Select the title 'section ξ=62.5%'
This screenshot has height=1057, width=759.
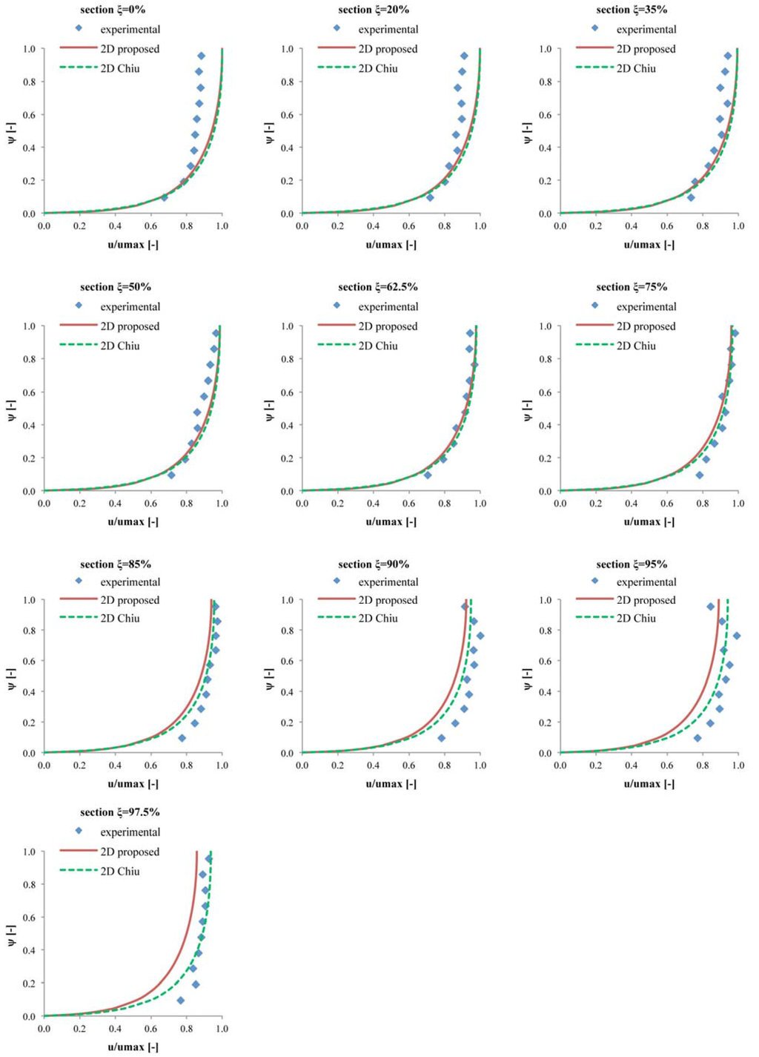tap(378, 287)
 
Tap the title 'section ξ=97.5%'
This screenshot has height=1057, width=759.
tap(120, 812)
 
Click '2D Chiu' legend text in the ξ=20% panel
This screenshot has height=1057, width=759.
tap(378, 68)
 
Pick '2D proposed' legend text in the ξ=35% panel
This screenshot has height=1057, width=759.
tap(646, 49)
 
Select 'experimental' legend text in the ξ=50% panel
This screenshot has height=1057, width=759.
tap(130, 306)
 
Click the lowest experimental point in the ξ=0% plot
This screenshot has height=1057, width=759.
tap(164, 197)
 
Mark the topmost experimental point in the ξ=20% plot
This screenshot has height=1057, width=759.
tap(464, 56)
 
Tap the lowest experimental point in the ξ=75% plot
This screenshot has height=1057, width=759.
tap(699, 475)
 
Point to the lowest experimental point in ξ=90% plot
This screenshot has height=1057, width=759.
tap(442, 738)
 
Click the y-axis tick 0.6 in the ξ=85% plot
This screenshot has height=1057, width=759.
tap(29, 661)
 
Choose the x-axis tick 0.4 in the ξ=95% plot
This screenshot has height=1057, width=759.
tap(631, 765)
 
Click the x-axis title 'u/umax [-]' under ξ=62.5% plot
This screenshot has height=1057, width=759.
tap(391, 521)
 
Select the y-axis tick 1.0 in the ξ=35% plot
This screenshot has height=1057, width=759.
tap(545, 49)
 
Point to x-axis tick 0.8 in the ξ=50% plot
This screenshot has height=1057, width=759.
tap(186, 503)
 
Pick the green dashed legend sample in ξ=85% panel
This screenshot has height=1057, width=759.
tap(78, 618)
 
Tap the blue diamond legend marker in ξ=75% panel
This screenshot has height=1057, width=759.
tap(594, 305)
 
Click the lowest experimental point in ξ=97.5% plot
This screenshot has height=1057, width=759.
tap(180, 1001)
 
